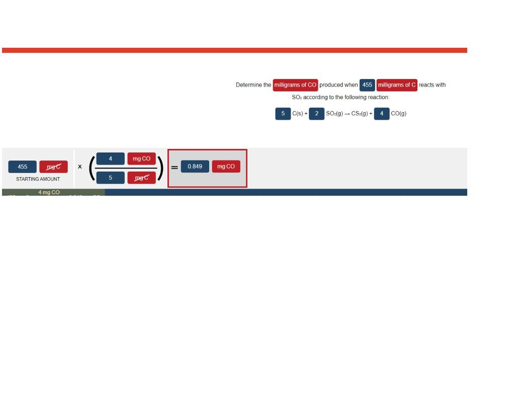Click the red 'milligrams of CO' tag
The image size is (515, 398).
[295, 85]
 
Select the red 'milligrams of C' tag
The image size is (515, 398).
[397, 85]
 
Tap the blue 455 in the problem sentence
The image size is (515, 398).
[367, 85]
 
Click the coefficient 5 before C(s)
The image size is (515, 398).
[283, 114]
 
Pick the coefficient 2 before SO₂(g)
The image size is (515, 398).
[316, 114]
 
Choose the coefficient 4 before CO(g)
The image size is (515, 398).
[382, 114]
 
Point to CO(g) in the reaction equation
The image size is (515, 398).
[398, 114]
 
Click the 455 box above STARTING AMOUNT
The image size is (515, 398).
[23, 167]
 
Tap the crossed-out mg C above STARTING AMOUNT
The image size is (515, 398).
[53, 167]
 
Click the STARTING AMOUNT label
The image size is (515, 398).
[38, 179]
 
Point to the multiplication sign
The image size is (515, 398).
[79, 167]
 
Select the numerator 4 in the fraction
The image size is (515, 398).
[110, 159]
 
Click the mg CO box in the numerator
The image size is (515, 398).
[141, 159]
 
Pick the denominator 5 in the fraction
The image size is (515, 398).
[110, 177]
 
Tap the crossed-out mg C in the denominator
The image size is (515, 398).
[141, 177]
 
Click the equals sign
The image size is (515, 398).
[175, 168]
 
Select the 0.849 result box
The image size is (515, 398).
[195, 167]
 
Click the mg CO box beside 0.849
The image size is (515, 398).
[226, 167]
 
